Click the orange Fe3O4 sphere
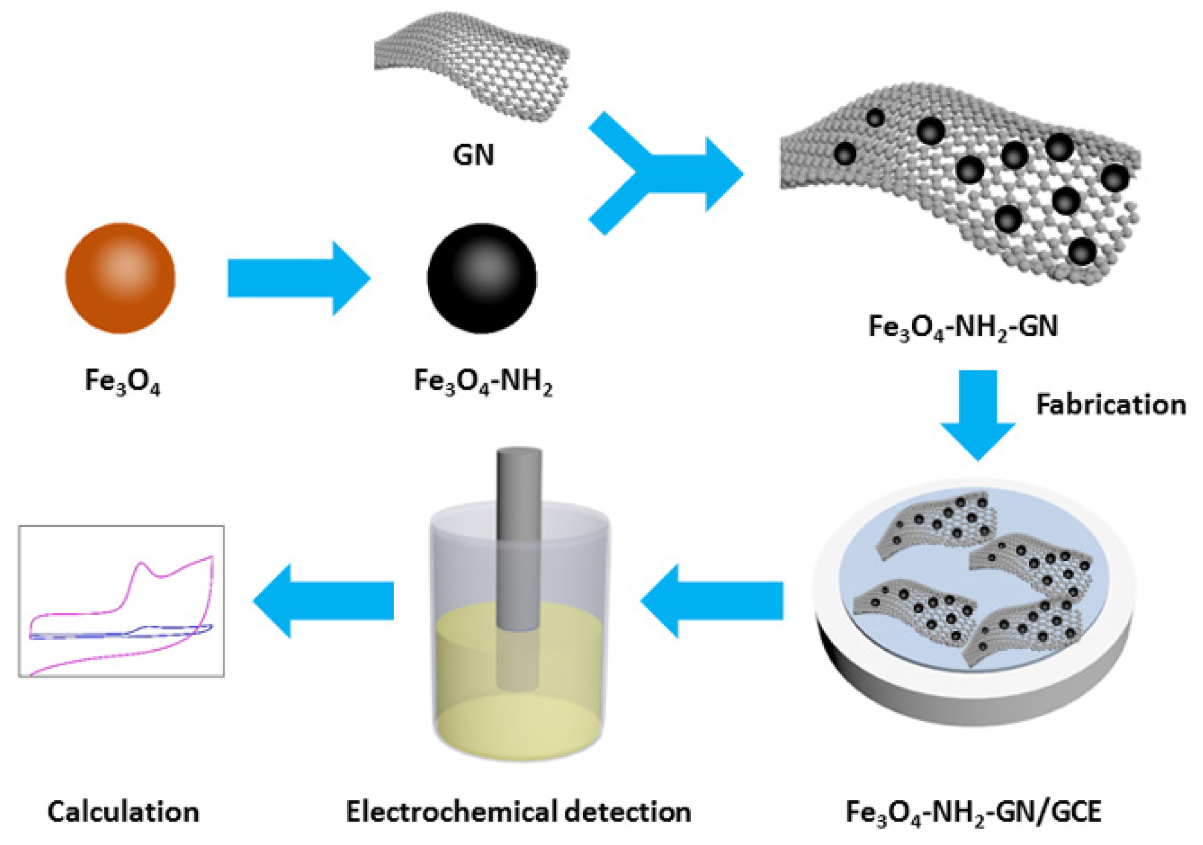pyautogui.click(x=120, y=278)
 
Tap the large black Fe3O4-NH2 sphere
pyautogui.click(x=482, y=278)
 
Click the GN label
pyautogui.click(x=473, y=155)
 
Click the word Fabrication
pyautogui.click(x=1111, y=405)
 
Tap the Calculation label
pyautogui.click(x=123, y=812)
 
